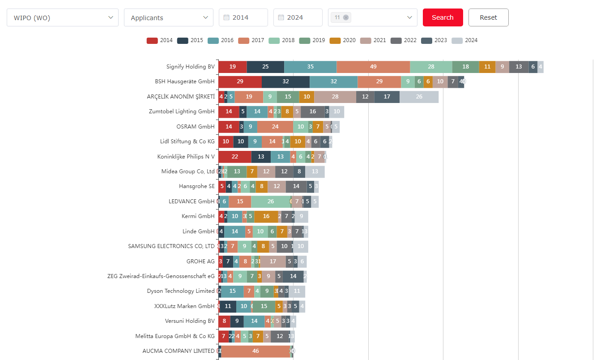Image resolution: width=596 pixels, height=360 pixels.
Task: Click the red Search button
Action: tap(443, 17)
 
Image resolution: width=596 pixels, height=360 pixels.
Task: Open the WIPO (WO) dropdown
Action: tap(63, 17)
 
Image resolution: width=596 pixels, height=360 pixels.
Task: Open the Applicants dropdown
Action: tap(168, 17)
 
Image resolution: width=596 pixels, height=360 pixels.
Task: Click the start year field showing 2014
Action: tap(243, 17)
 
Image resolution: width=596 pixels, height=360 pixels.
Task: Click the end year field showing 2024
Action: tap(298, 17)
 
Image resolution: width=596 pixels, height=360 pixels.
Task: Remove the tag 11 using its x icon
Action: tap(346, 17)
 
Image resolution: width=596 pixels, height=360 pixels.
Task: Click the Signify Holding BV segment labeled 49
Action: tap(373, 67)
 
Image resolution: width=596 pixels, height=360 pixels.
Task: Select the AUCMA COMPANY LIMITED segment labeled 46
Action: tap(255, 351)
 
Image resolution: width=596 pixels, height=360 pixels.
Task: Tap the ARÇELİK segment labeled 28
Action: tap(335, 97)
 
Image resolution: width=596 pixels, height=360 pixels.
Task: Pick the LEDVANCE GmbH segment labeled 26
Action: tap(271, 201)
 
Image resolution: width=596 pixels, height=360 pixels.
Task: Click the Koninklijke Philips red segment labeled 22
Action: tap(235, 157)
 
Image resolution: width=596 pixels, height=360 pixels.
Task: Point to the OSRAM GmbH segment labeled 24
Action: tap(275, 127)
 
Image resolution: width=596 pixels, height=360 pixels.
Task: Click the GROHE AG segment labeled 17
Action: tap(273, 261)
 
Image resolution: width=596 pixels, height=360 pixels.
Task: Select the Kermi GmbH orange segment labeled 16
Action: tap(266, 216)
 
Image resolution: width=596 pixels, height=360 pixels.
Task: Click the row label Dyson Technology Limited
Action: tap(181, 291)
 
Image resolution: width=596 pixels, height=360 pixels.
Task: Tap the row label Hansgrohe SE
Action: tap(196, 186)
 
